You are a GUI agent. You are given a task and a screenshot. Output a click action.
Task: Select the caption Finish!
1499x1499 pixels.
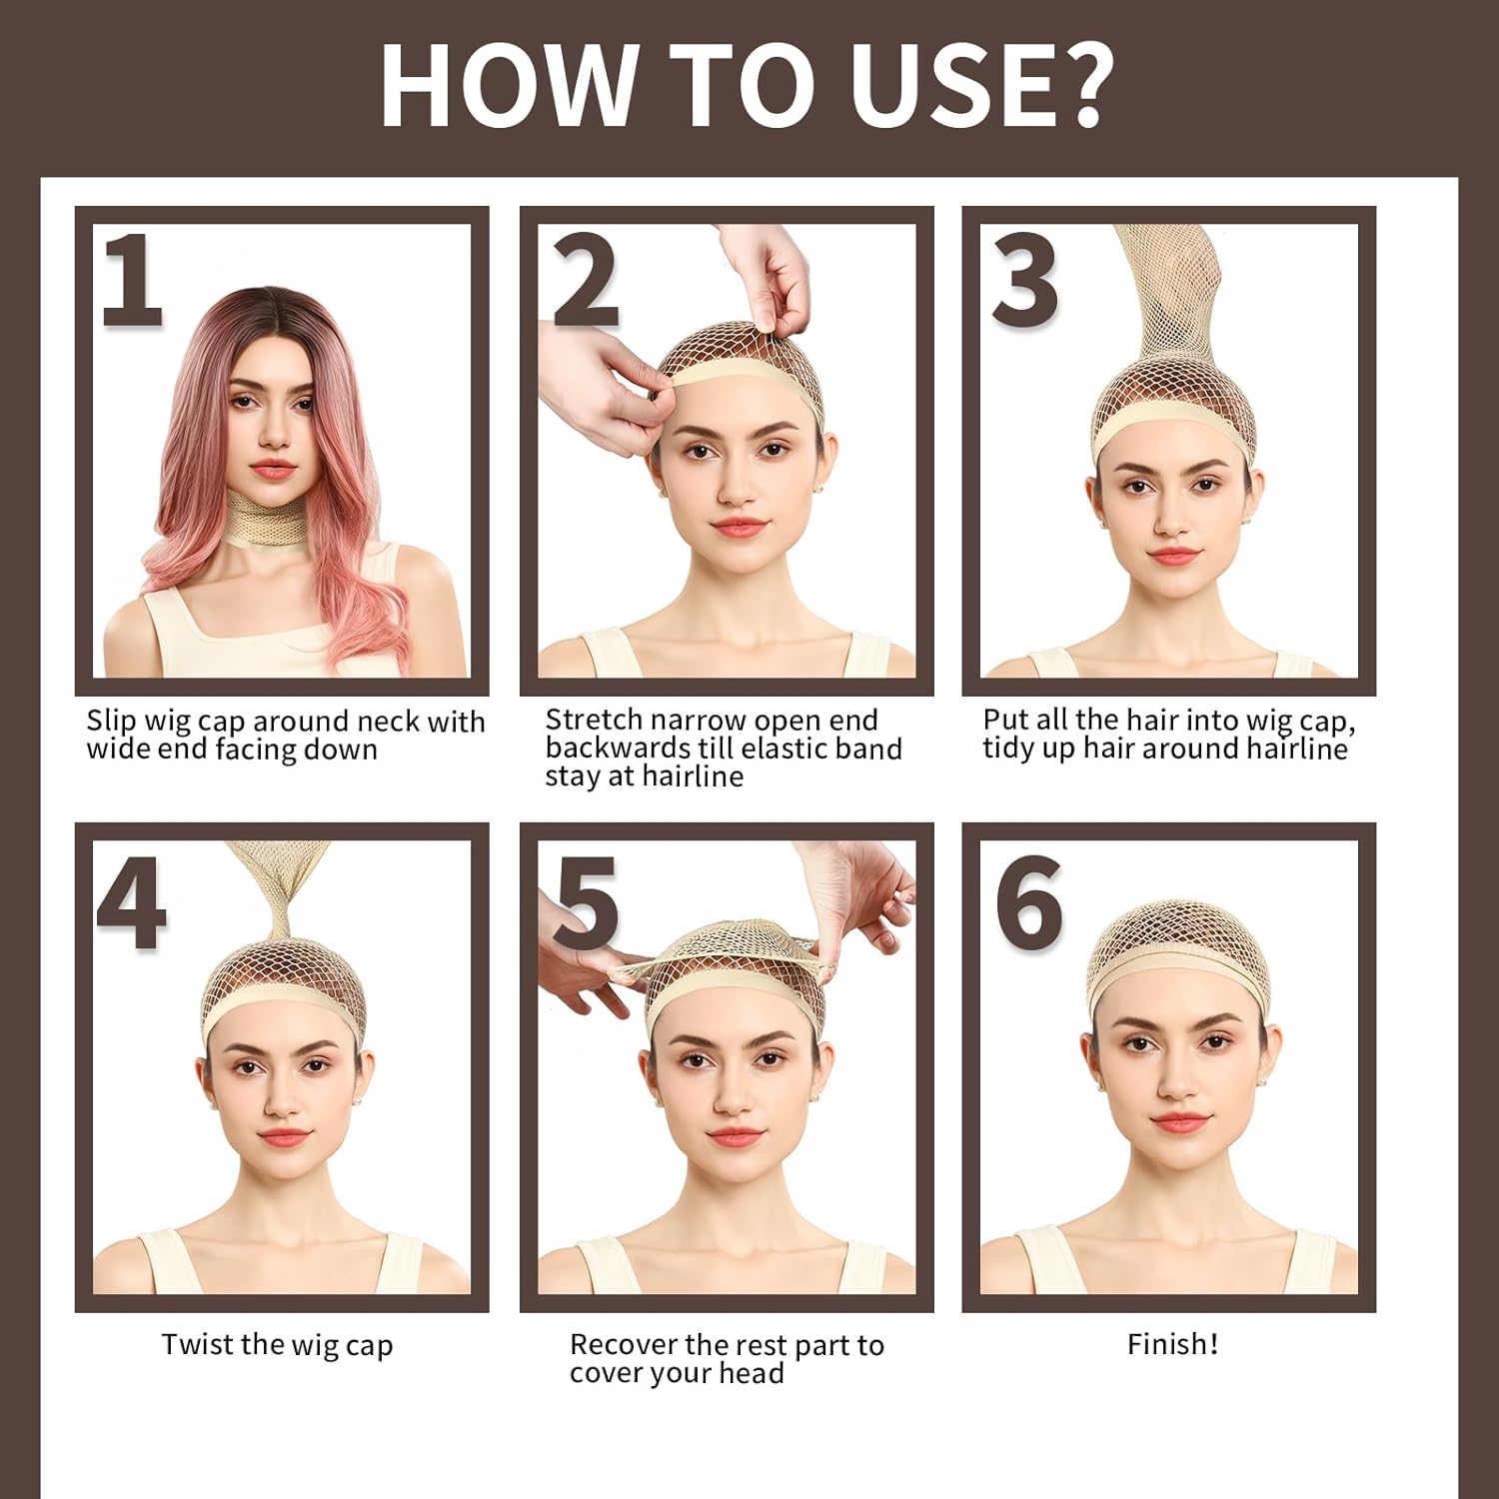tap(1172, 1344)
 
